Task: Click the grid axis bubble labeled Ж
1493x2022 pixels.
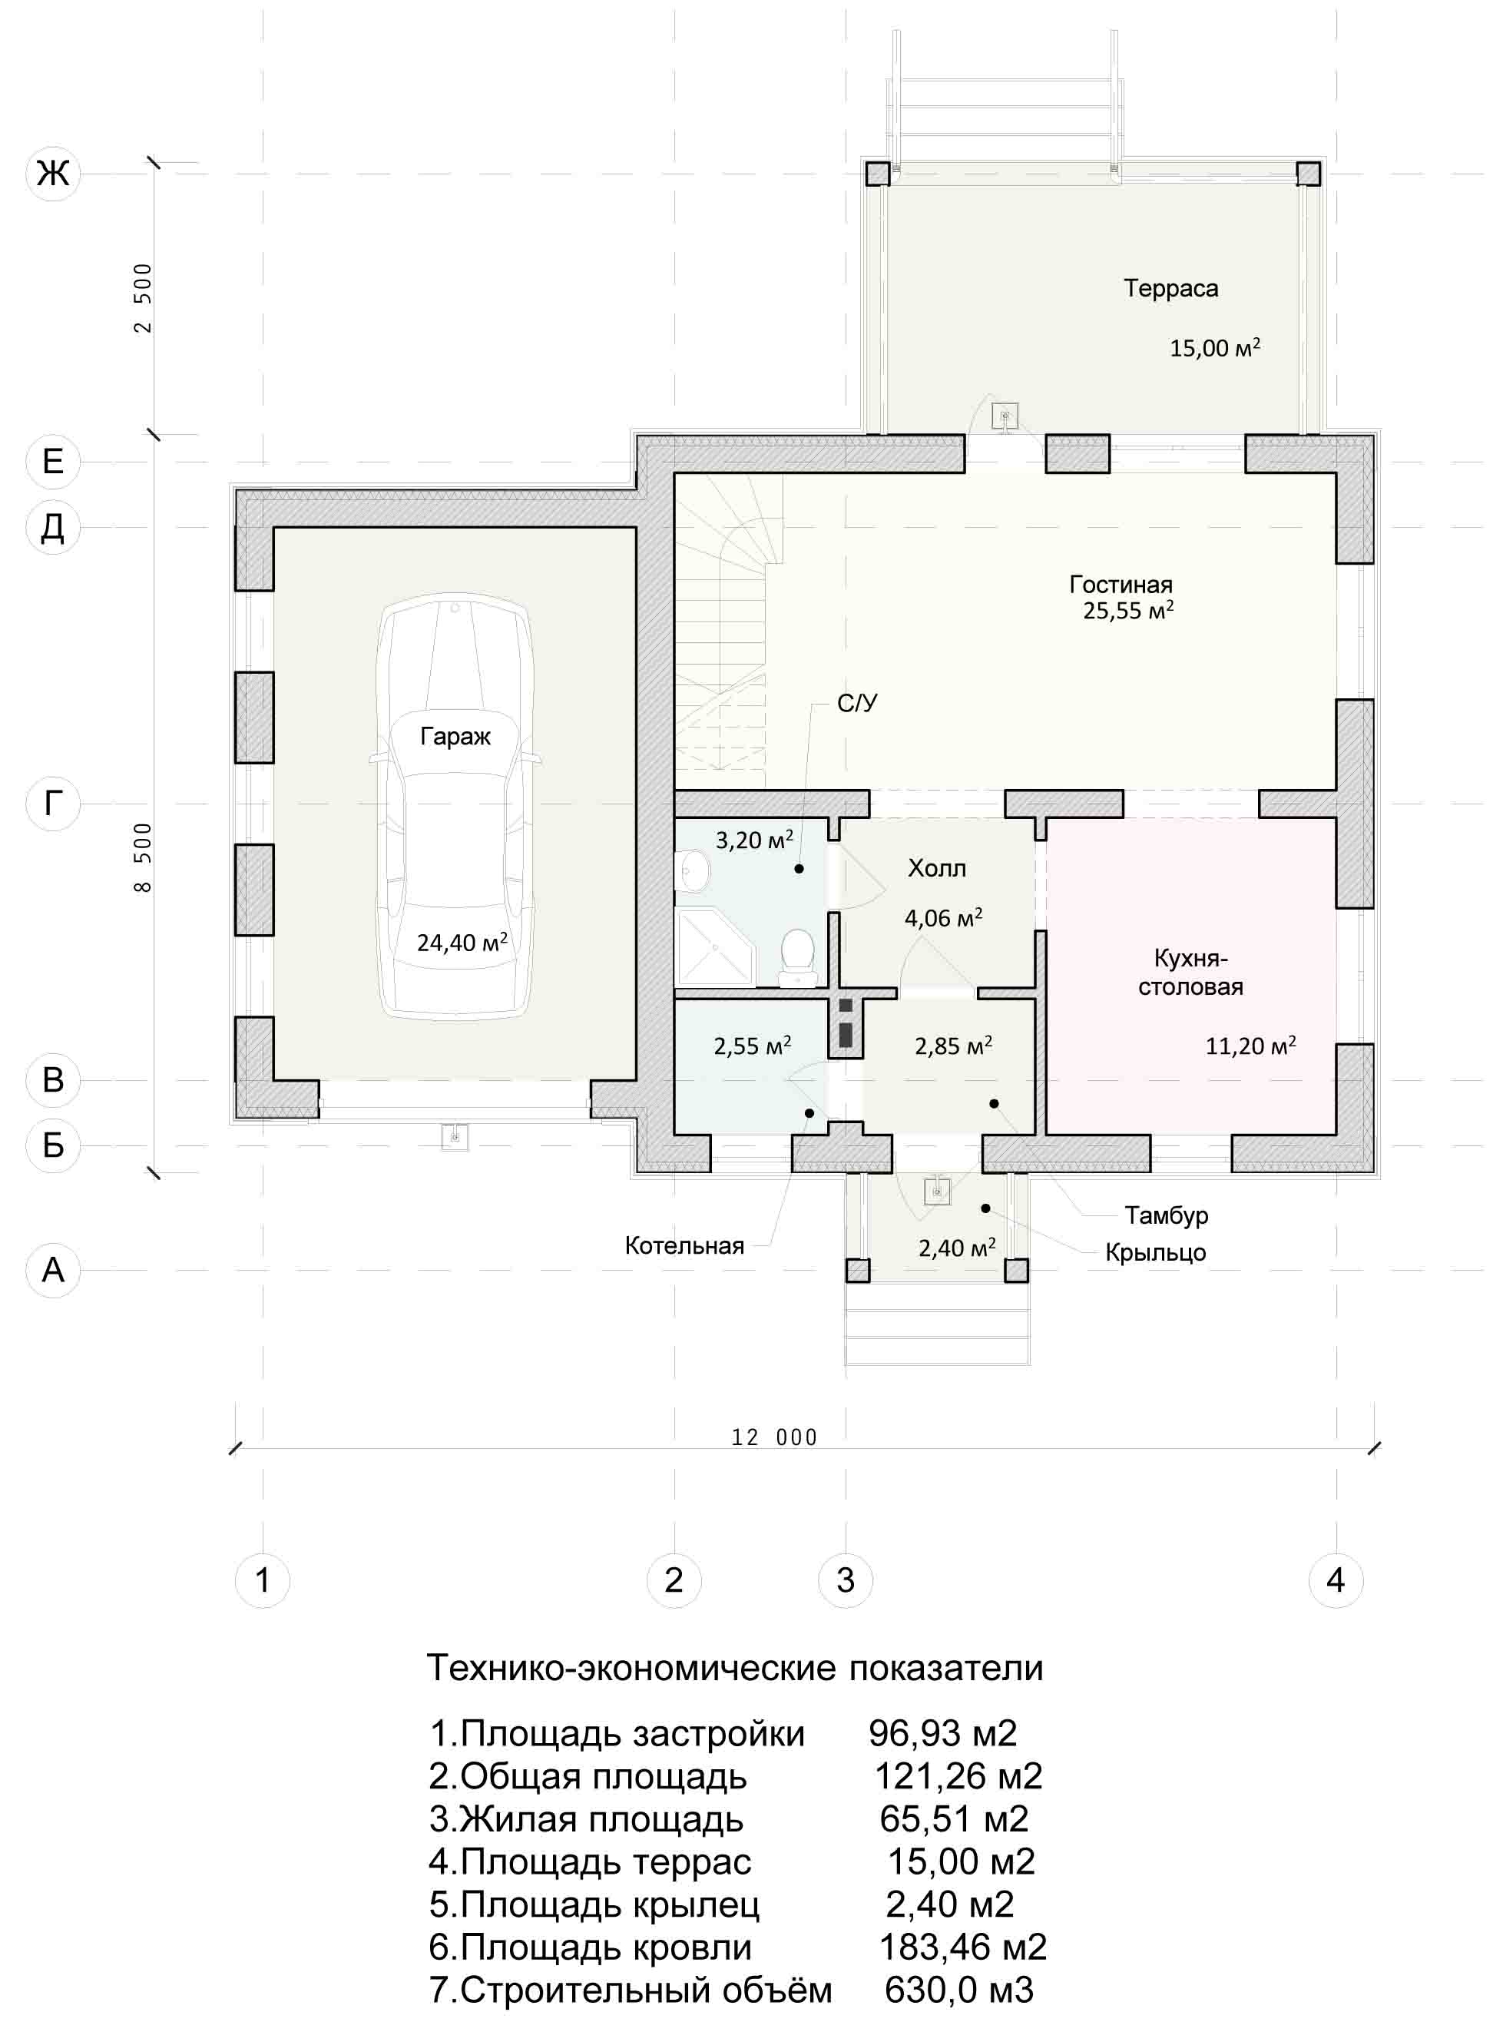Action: click(x=53, y=172)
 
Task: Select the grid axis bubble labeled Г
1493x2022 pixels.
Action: click(x=53, y=803)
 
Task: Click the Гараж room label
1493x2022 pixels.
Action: click(x=455, y=737)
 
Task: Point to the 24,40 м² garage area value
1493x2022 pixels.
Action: click(x=462, y=943)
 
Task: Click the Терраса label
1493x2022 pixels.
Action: click(x=1170, y=288)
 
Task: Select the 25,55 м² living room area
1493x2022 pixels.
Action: click(x=1128, y=611)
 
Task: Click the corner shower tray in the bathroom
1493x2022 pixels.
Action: click(x=714, y=948)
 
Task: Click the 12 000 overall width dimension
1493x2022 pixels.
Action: click(x=774, y=1438)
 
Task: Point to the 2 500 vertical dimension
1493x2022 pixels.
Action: click(x=143, y=298)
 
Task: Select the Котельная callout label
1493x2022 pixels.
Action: click(x=684, y=1246)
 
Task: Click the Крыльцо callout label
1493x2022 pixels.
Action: click(x=1155, y=1253)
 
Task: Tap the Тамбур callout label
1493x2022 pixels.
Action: click(x=1166, y=1215)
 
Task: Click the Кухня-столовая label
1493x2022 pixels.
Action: click(x=1190, y=972)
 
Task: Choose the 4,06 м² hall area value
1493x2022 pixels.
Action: click(x=944, y=918)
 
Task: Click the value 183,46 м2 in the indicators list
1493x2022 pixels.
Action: click(x=962, y=1947)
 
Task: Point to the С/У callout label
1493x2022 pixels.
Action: click(x=857, y=703)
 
